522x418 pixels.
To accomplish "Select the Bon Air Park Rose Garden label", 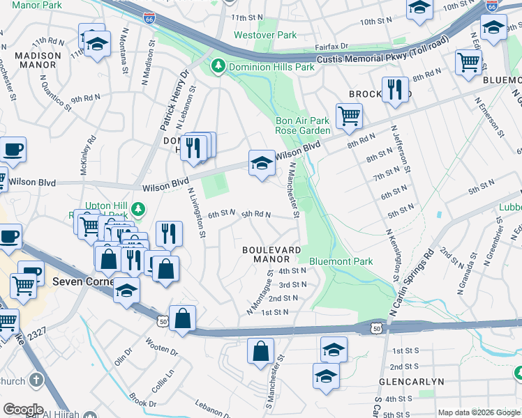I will coord(302,125).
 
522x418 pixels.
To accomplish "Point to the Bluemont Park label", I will coord(341,261).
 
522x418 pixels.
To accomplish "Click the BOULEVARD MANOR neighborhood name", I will coord(271,254).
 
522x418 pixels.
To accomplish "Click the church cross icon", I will coord(36,381).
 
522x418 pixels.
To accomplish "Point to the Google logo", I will coord(23,410).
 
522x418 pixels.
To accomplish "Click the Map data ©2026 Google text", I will coord(479,412).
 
